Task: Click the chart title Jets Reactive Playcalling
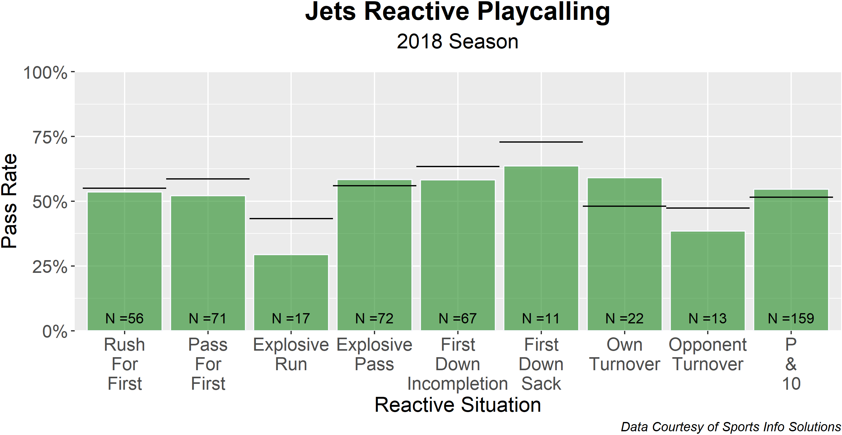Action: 457,12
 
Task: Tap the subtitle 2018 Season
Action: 457,42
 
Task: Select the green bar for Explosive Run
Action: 291,292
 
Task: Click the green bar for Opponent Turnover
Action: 707,281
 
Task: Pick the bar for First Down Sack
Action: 541,248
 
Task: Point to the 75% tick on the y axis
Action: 50,137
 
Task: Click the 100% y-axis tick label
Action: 46,73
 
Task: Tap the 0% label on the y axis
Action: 55,331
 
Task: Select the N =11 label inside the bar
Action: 541,318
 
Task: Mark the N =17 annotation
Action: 291,318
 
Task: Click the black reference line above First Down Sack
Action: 541,142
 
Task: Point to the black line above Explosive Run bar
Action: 291,218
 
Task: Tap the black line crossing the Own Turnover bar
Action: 624,206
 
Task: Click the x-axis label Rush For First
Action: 125,364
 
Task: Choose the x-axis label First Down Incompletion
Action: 457,364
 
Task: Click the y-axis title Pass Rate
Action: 9,201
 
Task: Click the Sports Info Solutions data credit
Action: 730,427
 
